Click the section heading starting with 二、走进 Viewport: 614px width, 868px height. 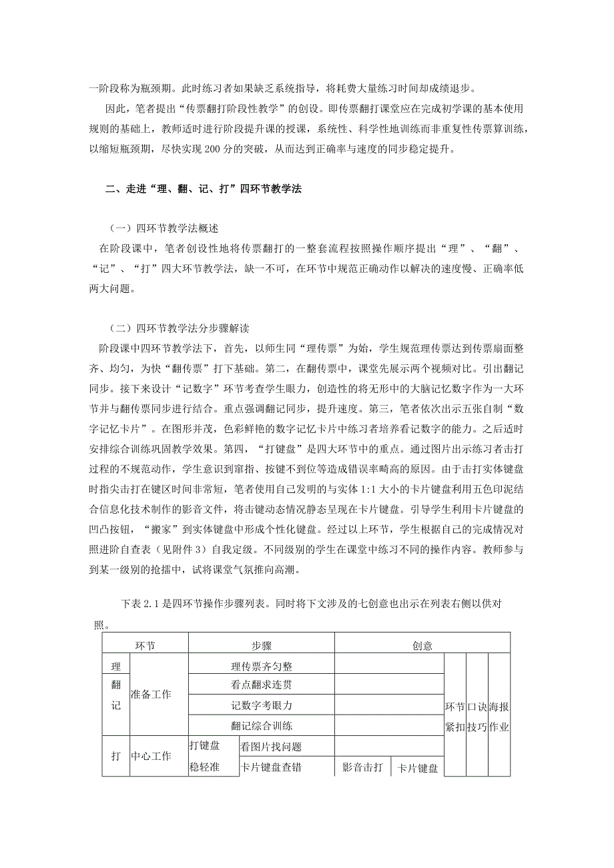pyautogui.click(x=204, y=189)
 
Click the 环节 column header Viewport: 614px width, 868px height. pyautogui.click(x=145, y=645)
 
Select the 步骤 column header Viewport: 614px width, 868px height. pyautogui.click(x=262, y=645)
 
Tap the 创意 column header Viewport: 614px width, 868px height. pyautogui.click(x=422, y=645)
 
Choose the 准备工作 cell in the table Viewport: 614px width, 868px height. pyautogui.click(x=151, y=695)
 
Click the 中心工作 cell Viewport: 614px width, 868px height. pyautogui.click(x=151, y=756)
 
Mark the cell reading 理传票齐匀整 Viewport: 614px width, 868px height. pyautogui.click(x=262, y=665)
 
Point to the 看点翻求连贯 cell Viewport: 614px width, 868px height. pyautogui.click(x=262, y=684)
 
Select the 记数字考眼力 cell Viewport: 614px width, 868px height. pyautogui.click(x=262, y=705)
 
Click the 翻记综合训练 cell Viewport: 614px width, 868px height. pyautogui.click(x=262, y=725)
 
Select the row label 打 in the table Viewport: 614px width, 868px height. pyautogui.click(x=115, y=756)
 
